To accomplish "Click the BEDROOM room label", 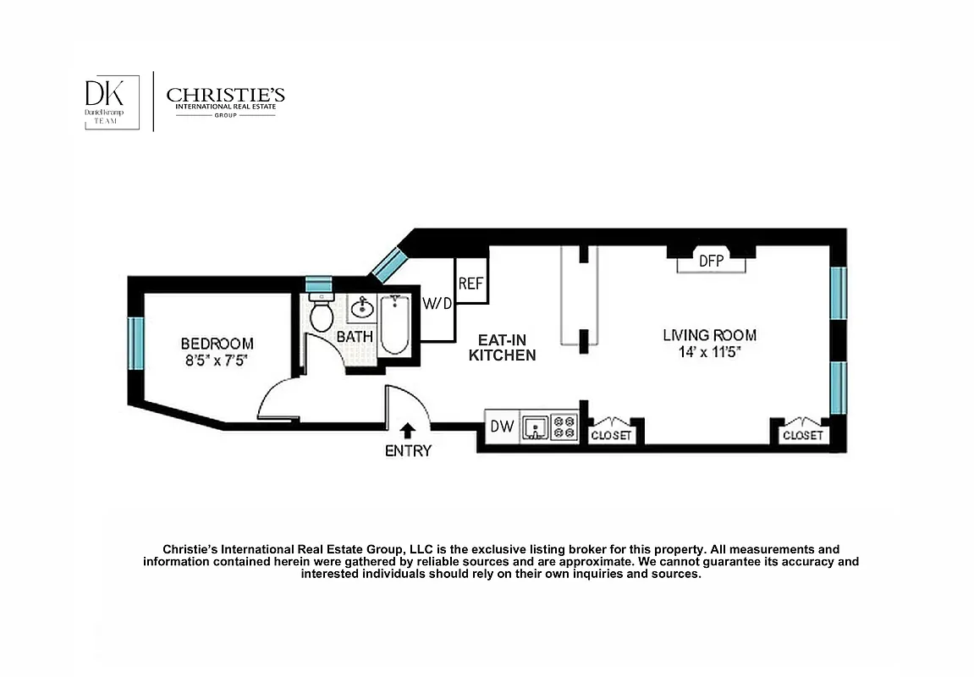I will click(x=217, y=344).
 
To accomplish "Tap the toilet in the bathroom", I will click(x=322, y=315).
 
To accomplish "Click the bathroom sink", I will click(x=362, y=307).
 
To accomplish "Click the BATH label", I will click(x=355, y=337).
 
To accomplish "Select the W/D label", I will click(x=437, y=303).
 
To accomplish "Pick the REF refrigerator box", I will click(x=470, y=283).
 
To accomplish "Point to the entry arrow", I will click(x=408, y=431).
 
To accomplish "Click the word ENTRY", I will click(x=408, y=451).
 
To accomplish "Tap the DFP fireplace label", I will click(x=711, y=261).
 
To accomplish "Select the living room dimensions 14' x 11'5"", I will click(x=709, y=351).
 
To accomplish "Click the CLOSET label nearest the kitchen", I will click(x=611, y=436).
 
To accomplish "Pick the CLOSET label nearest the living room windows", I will click(x=802, y=436).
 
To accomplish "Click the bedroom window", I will click(x=135, y=342).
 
